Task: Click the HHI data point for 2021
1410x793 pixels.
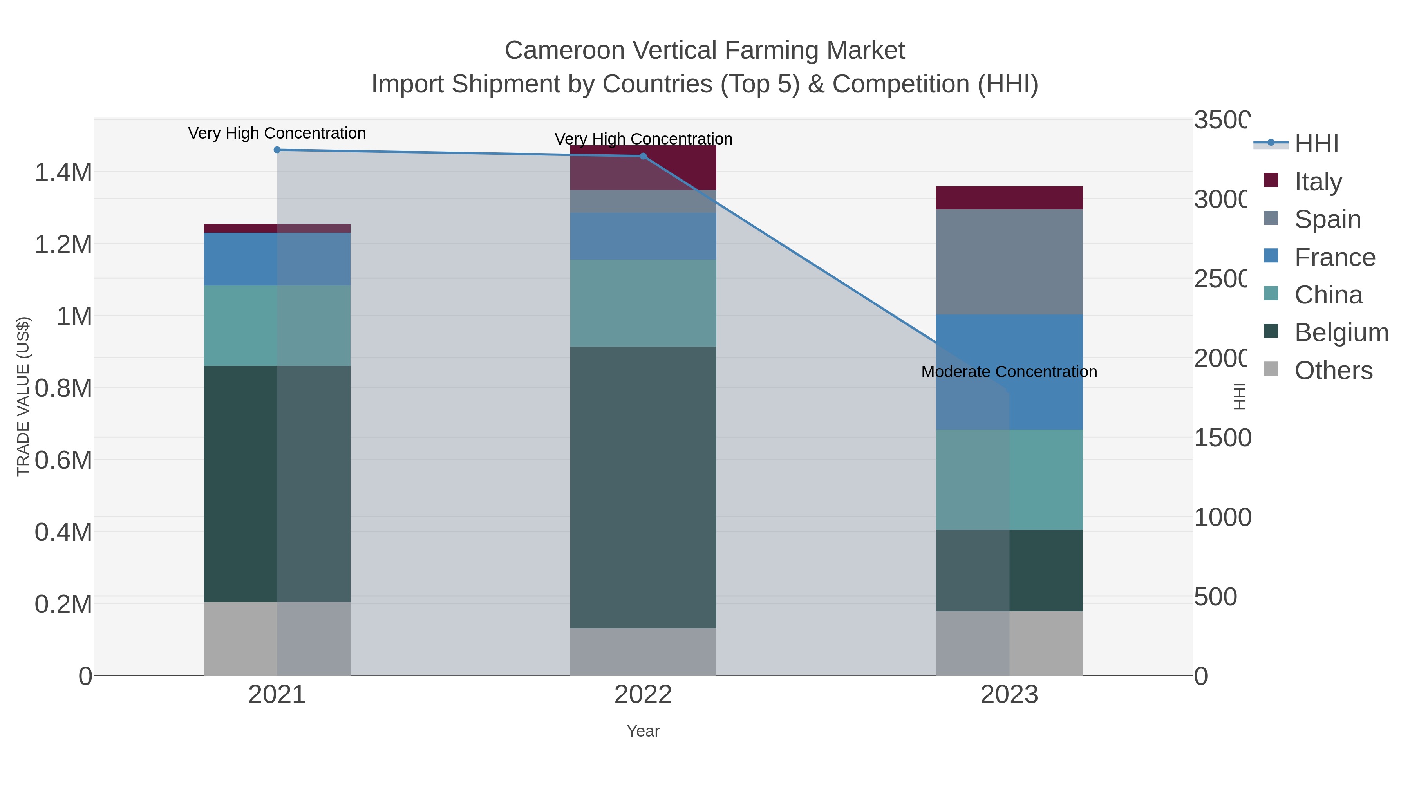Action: coord(277,150)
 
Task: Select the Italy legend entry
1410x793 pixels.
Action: coord(1318,181)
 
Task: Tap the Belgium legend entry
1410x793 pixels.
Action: coord(1341,332)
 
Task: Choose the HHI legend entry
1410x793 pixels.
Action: coord(1316,143)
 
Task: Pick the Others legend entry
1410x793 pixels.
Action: coord(1333,370)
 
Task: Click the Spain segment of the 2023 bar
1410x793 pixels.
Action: coord(1009,262)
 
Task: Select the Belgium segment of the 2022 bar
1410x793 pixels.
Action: coord(643,487)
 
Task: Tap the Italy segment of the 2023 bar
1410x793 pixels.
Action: coord(1009,198)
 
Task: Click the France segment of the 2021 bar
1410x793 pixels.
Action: coord(277,259)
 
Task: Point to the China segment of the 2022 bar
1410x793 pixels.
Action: coord(643,303)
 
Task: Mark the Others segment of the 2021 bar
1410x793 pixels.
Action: coord(277,638)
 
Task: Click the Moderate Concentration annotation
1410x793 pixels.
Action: coord(1009,372)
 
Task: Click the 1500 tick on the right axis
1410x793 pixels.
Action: coord(1222,438)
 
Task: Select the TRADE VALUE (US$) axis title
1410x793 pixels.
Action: coord(23,396)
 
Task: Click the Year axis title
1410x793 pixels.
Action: coord(643,731)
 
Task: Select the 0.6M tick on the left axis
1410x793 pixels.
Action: coord(63,460)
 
